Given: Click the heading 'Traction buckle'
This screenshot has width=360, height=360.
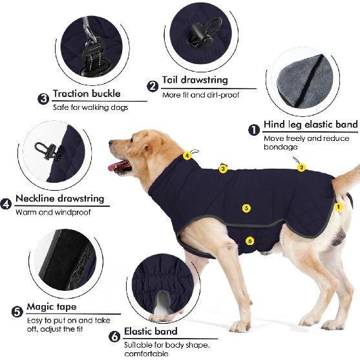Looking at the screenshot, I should [87, 94].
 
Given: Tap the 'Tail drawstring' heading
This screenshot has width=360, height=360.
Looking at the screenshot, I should [194, 80].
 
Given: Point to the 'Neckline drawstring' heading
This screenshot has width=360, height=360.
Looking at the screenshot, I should [60, 199].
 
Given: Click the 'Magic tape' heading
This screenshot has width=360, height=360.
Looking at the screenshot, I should [52, 306].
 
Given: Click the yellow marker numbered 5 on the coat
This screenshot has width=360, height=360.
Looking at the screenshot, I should [246, 208].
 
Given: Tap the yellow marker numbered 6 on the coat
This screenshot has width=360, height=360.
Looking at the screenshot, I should [250, 241].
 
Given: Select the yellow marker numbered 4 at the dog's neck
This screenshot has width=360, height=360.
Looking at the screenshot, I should [187, 156].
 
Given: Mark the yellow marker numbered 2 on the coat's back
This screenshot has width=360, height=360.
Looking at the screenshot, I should [301, 168].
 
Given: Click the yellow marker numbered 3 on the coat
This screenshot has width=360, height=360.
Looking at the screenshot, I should [223, 169].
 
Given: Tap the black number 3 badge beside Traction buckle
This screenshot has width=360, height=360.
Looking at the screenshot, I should [43, 99].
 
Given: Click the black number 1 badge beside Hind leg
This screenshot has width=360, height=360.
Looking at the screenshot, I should [254, 129].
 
